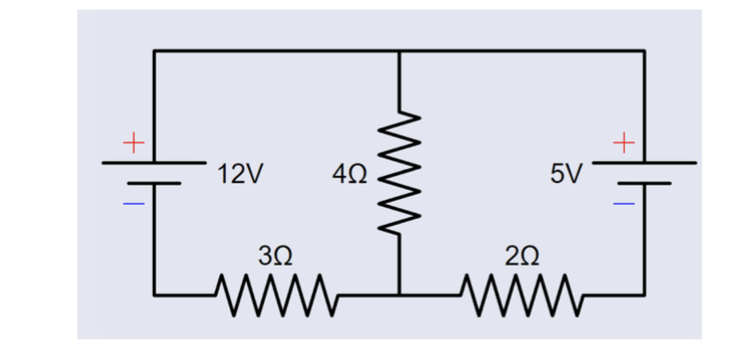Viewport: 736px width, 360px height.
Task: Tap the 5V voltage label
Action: tap(566, 172)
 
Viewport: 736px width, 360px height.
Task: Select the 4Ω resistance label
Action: tap(347, 172)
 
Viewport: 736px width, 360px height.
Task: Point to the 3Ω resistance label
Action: tap(274, 258)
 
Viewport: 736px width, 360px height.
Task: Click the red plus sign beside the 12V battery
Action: tap(132, 141)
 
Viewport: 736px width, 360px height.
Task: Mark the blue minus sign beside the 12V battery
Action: tap(132, 204)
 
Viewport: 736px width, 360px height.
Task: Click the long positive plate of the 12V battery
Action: tap(154, 164)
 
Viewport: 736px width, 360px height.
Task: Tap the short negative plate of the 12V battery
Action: tap(154, 184)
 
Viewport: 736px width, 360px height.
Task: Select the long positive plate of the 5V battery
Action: tap(644, 164)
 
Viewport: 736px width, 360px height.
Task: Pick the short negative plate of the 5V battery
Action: tap(644, 184)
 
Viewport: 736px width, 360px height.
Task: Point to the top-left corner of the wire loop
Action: tap(155, 52)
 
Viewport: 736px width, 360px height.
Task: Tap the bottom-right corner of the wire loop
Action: tap(644, 292)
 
